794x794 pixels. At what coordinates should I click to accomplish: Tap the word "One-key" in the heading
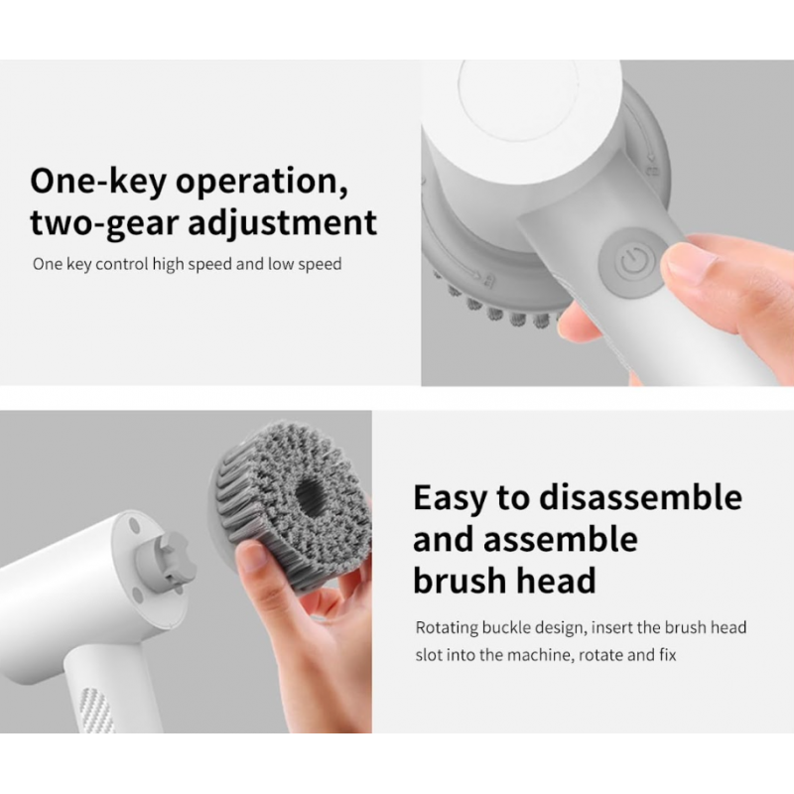(97, 182)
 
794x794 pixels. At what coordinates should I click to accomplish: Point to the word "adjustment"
(283, 223)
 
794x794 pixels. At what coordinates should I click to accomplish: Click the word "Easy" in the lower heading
(450, 499)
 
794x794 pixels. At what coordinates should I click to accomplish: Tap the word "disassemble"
(640, 497)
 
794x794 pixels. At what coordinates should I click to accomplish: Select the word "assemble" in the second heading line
(561, 539)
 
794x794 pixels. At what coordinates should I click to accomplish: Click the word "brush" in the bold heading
(457, 581)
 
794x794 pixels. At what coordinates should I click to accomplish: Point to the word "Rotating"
(448, 628)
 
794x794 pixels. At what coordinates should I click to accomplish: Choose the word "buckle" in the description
(506, 627)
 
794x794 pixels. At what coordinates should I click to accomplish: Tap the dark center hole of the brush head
(310, 494)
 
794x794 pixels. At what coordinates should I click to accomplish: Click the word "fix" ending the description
(668, 655)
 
